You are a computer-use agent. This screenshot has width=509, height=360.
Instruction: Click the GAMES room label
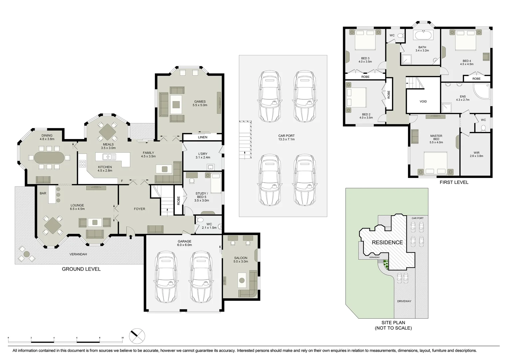tap(200, 103)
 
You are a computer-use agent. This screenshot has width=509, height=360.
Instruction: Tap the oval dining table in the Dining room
tap(48, 158)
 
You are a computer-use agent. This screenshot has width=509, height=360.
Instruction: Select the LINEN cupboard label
tap(202, 137)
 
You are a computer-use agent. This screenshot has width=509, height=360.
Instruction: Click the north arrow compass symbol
tap(137, 336)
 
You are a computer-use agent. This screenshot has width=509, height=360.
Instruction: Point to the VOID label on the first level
tap(423, 101)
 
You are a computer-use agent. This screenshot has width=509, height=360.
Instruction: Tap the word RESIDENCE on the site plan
tap(387, 242)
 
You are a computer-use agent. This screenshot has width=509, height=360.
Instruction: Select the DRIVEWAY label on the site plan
tap(404, 301)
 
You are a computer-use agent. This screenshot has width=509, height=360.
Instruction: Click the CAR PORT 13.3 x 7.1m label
tap(286, 137)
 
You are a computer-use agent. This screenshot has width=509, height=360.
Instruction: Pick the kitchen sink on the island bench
tap(109, 156)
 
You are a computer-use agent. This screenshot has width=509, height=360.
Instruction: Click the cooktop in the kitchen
tap(82, 163)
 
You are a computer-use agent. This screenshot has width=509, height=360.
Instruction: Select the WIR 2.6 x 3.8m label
tap(476, 154)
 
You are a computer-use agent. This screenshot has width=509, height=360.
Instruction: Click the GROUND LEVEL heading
tap(81, 269)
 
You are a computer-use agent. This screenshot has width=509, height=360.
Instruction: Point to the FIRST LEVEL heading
tap(454, 182)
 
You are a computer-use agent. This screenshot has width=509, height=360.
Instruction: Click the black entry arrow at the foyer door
tap(131, 237)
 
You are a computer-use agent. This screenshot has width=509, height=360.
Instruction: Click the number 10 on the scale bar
tap(122, 338)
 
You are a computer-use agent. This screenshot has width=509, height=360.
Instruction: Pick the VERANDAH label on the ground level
tap(78, 254)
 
